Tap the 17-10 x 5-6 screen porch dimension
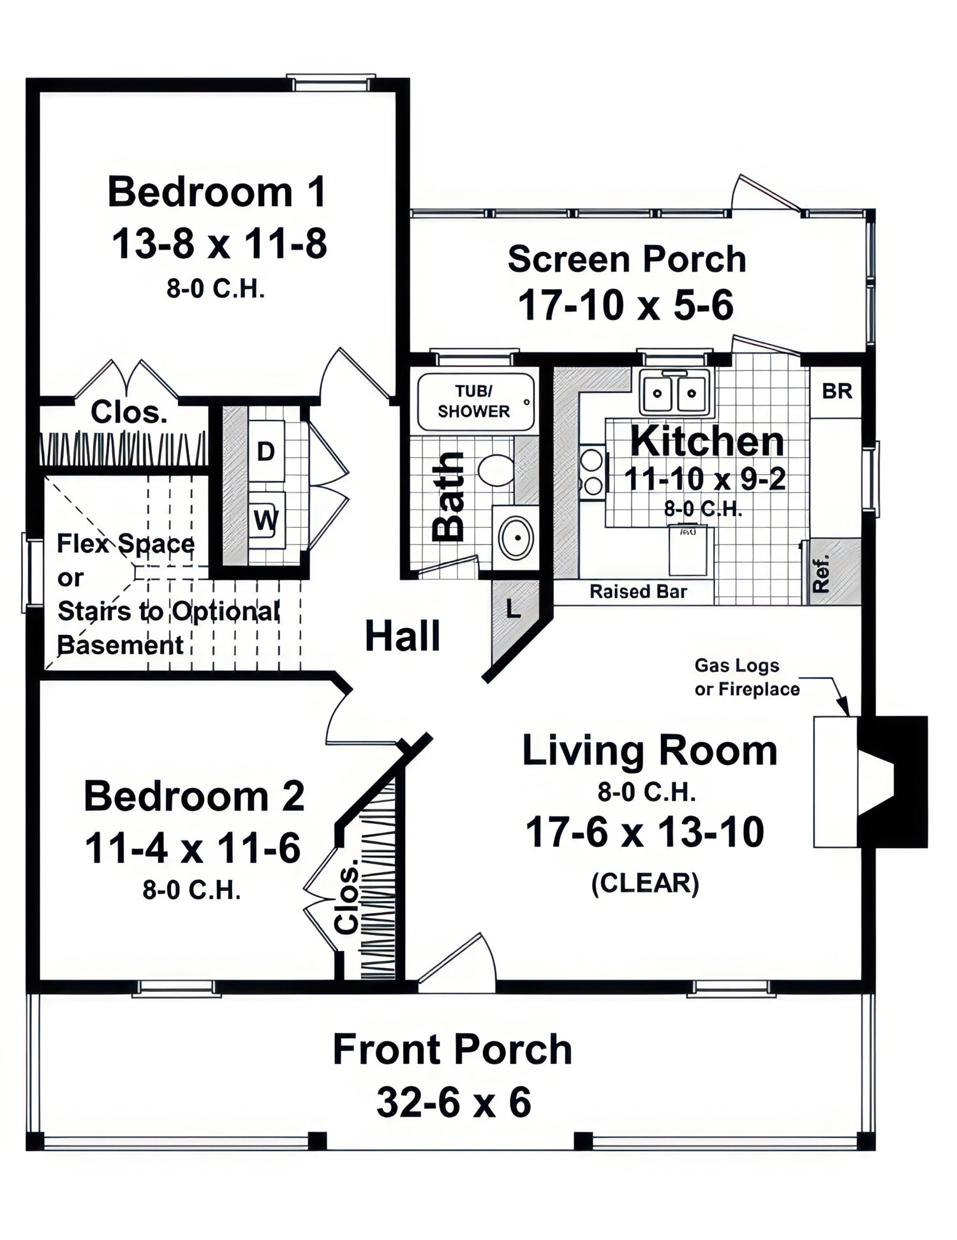tap(626, 305)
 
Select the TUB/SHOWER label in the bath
tap(473, 401)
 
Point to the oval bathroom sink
tap(516, 537)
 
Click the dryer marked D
tap(265, 451)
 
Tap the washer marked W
tap(266, 521)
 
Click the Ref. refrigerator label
tap(822, 572)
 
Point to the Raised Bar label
tap(638, 592)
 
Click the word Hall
tap(403, 636)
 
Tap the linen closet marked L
tap(513, 609)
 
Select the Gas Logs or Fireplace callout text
tap(747, 677)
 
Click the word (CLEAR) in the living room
tap(645, 884)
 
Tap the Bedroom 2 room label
tap(194, 796)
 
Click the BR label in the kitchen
tap(837, 391)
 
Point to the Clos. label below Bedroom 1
tap(129, 412)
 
